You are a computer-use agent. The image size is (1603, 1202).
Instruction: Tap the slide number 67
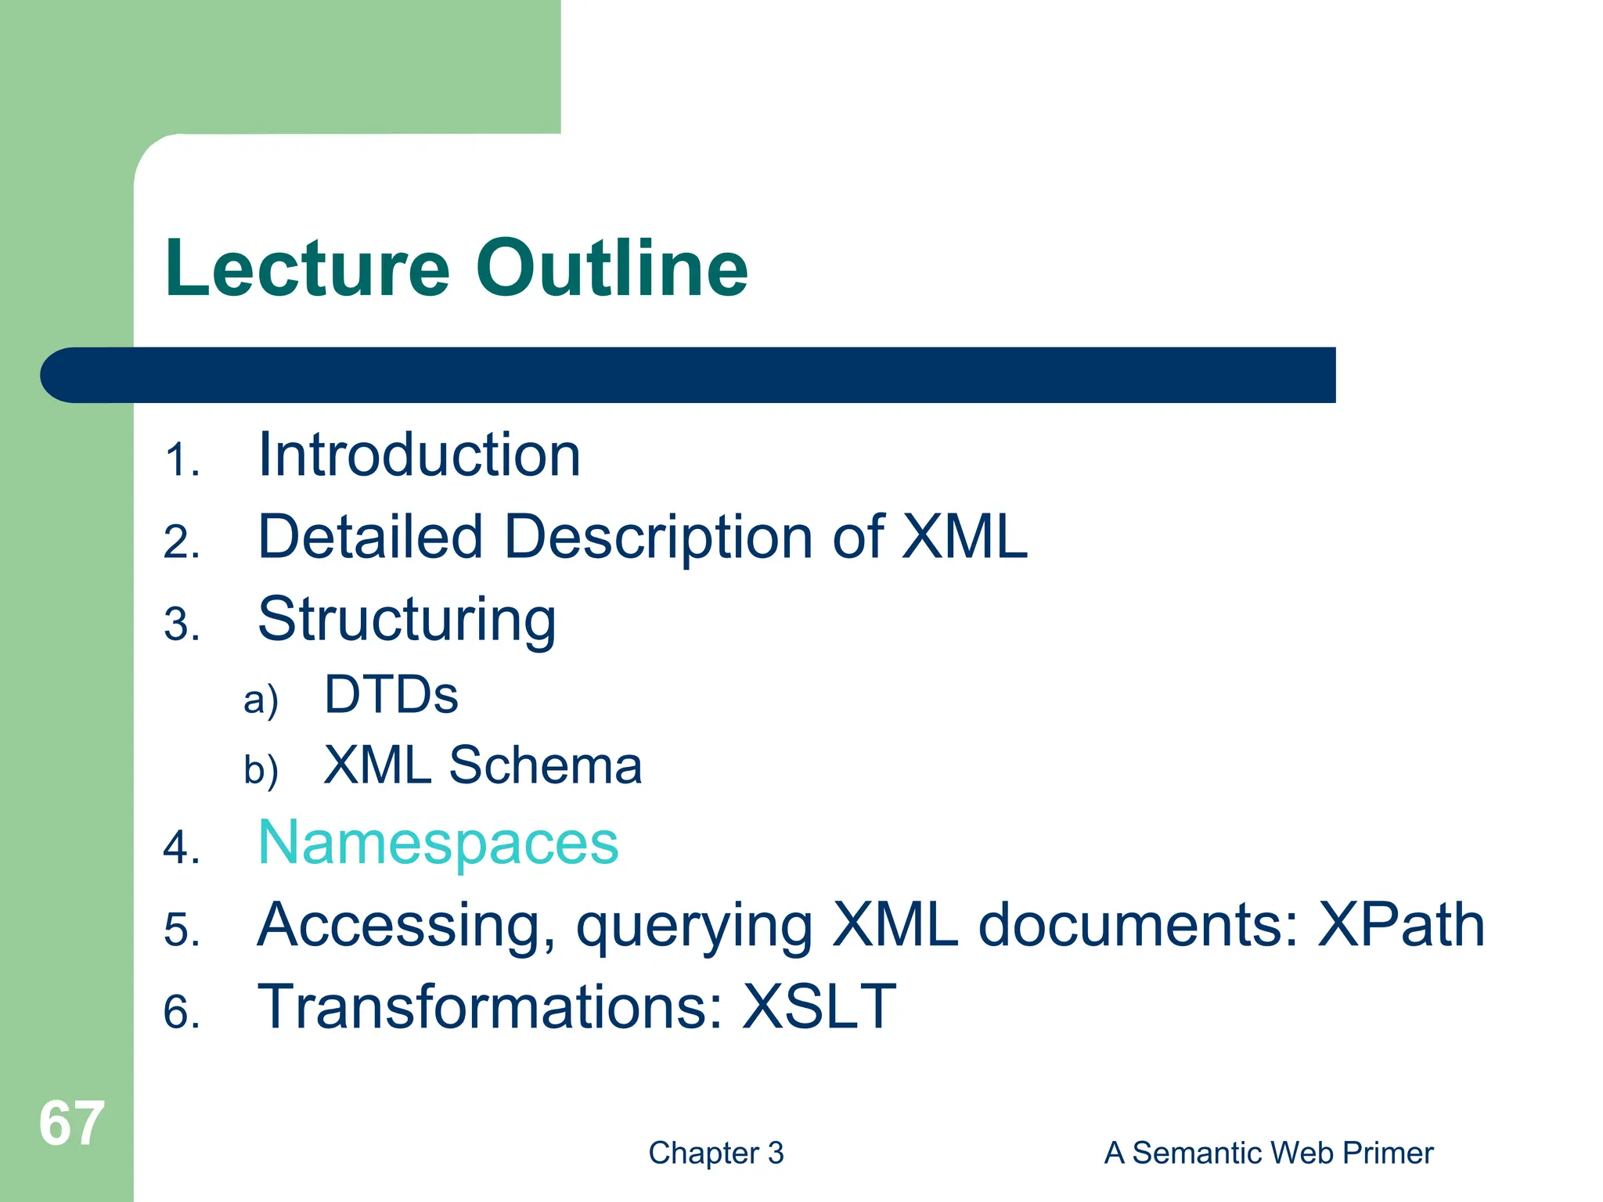click(x=71, y=1124)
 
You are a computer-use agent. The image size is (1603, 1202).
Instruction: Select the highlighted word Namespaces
click(x=438, y=844)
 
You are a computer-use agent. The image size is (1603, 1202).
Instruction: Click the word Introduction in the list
click(x=419, y=455)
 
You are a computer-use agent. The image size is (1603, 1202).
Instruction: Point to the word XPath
click(x=1400, y=926)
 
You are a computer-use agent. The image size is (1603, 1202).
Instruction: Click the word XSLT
click(x=818, y=1007)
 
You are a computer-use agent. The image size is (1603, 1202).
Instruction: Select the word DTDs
click(x=391, y=695)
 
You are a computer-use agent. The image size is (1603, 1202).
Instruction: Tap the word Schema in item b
click(x=545, y=765)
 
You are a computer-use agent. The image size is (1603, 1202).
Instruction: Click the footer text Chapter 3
click(x=715, y=1153)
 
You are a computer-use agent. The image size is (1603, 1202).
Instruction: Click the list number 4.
click(x=182, y=848)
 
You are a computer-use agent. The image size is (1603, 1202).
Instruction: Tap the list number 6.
click(x=182, y=1012)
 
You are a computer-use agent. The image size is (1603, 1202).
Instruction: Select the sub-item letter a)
click(x=260, y=700)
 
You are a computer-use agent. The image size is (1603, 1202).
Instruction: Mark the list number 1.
click(x=182, y=460)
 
